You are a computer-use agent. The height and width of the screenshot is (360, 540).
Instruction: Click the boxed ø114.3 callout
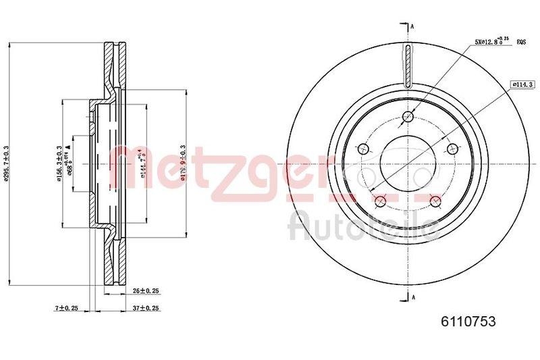[518, 84]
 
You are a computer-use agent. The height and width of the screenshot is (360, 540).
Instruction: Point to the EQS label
[521, 43]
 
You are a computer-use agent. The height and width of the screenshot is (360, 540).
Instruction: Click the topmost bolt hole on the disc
[407, 117]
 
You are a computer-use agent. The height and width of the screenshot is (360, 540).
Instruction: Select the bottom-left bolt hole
[380, 200]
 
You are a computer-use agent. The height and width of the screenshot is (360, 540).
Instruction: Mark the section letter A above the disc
[412, 26]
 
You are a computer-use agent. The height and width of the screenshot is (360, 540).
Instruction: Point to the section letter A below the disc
[412, 297]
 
